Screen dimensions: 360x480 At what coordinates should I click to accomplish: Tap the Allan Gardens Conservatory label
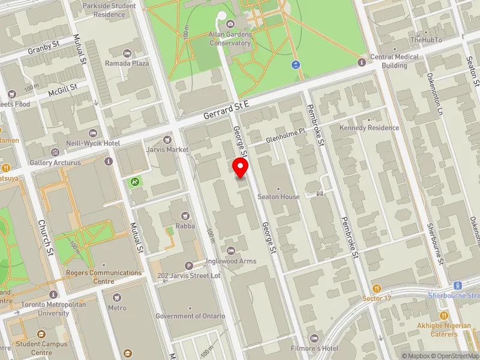pos(230,39)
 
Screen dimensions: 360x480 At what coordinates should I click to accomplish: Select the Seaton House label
pos(278,197)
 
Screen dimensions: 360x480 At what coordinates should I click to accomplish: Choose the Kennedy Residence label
pos(369,128)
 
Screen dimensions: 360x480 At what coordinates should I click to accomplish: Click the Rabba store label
pos(184,226)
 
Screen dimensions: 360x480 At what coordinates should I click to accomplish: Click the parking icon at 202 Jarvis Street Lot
pos(190,266)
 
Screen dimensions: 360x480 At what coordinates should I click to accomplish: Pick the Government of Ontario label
pos(190,316)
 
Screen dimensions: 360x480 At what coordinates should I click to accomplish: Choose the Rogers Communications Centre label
pos(103,277)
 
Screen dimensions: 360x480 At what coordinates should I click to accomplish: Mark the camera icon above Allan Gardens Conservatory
pos(230,24)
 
